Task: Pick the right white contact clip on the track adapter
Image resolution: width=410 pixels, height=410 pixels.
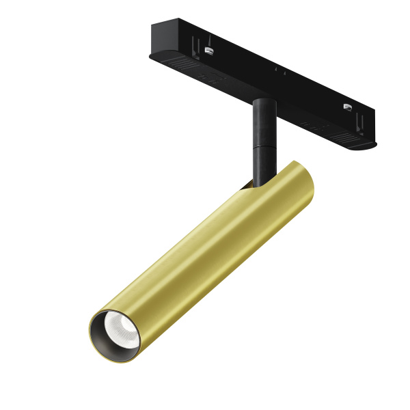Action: (347, 107)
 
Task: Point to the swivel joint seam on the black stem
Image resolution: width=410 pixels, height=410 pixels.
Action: (261, 146)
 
